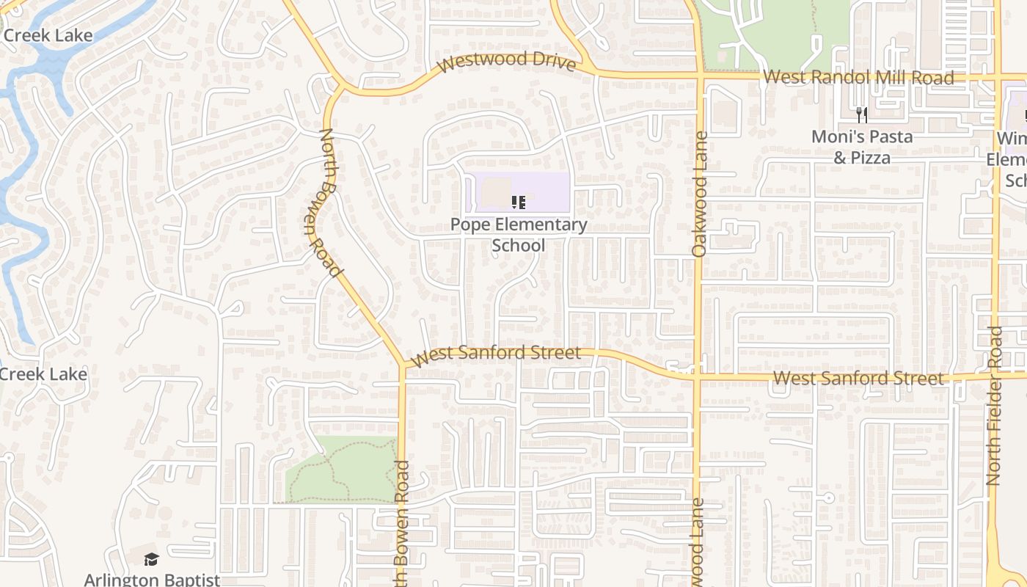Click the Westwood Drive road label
506,62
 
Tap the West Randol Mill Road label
858,77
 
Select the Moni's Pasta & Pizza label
861,147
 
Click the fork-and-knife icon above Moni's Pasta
861,114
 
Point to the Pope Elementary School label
519,235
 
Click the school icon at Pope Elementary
518,202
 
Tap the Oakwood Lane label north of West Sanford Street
698,194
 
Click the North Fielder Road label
994,405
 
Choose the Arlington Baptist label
152,579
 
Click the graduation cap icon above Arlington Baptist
151,559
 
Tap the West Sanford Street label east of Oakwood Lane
858,379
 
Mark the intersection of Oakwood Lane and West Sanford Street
696,378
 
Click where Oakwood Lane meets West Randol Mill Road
698,76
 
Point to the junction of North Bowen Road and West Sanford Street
402,364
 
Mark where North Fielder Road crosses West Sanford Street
995,376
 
